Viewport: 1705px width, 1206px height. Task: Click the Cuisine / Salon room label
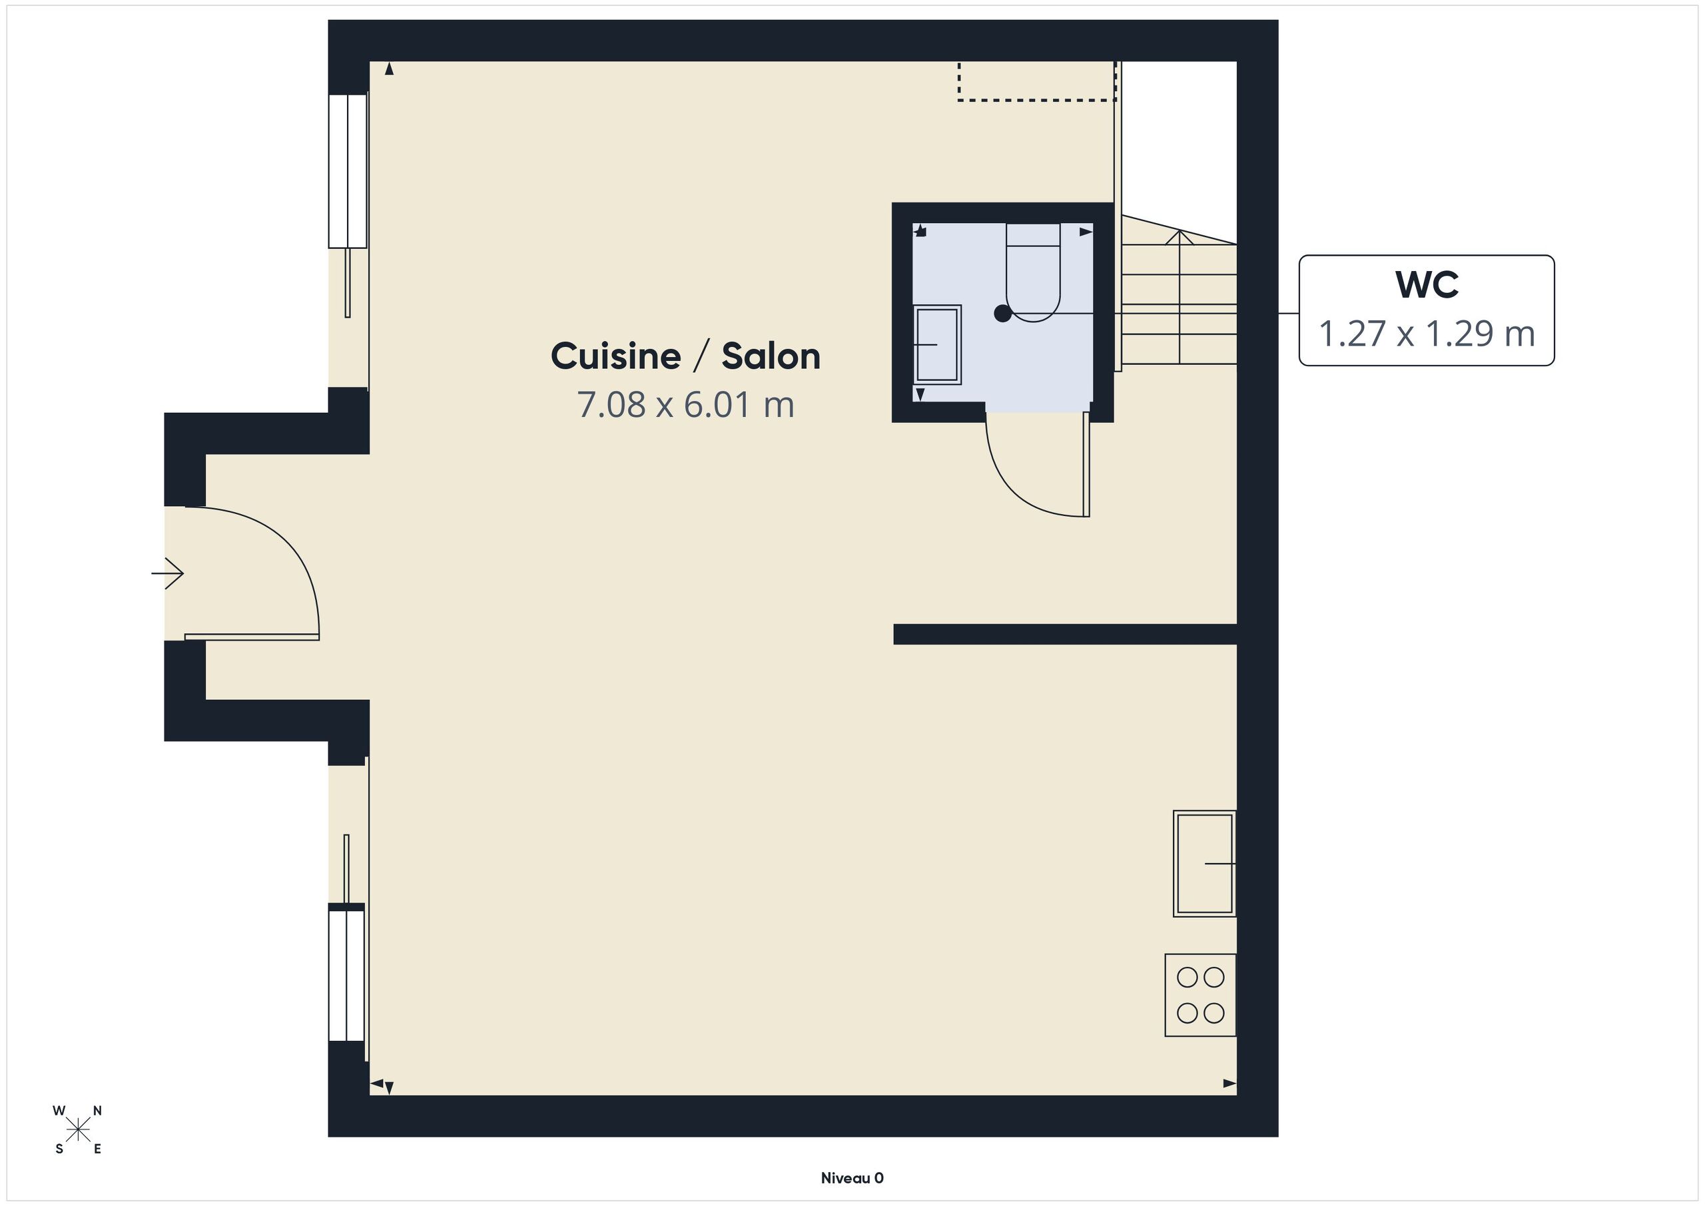(x=685, y=356)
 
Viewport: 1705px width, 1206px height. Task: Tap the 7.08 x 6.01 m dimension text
(x=685, y=405)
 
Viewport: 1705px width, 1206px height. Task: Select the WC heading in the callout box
(x=1427, y=284)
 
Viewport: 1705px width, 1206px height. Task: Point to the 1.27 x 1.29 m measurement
(x=1427, y=334)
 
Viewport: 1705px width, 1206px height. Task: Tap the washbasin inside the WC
(x=937, y=344)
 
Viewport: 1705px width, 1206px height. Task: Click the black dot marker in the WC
(x=1002, y=314)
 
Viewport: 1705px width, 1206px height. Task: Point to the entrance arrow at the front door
(x=167, y=573)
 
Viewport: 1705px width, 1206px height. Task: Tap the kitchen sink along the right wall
(x=1205, y=864)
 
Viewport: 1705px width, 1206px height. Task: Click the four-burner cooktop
(x=1200, y=995)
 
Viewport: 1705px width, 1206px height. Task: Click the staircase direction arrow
(x=1180, y=297)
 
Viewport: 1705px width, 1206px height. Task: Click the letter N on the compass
(x=97, y=1111)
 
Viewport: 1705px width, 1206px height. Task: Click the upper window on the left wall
(x=348, y=170)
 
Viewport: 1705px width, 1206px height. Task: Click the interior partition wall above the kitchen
(x=1065, y=634)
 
